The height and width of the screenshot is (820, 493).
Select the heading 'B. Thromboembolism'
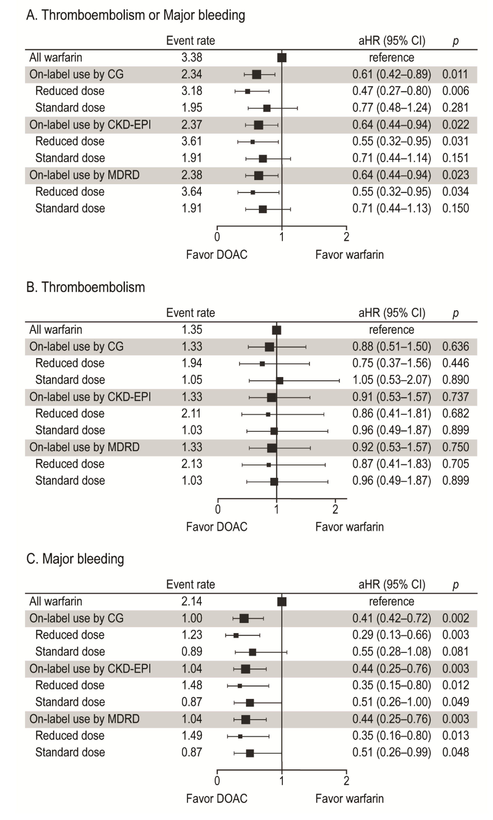pyautogui.click(x=86, y=287)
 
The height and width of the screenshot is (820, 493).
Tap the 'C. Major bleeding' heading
pyautogui.click(x=75, y=559)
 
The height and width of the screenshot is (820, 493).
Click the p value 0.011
pyautogui.click(x=455, y=74)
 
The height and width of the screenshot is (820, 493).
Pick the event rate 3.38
pyautogui.click(x=192, y=58)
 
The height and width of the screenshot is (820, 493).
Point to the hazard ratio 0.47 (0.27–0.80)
pyautogui.click(x=391, y=91)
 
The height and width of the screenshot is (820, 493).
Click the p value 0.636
pyautogui.click(x=455, y=346)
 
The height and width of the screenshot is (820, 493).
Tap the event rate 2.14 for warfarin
pyautogui.click(x=192, y=601)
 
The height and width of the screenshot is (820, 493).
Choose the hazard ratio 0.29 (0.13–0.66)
pyautogui.click(x=391, y=634)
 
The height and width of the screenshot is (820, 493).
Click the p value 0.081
pyautogui.click(x=455, y=651)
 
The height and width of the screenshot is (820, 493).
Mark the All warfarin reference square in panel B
pyautogui.click(x=276, y=330)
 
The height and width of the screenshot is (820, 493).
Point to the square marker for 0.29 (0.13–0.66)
pyautogui.click(x=236, y=635)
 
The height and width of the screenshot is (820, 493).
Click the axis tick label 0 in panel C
pyautogui.click(x=217, y=781)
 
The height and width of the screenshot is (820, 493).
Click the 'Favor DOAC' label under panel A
pyautogui.click(x=217, y=255)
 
